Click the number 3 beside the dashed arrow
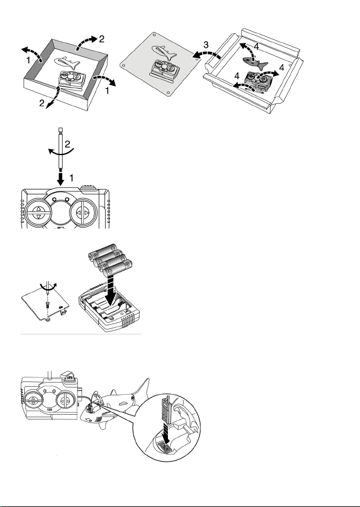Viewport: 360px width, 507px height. click(x=206, y=45)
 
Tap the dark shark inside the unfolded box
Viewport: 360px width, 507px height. click(x=254, y=62)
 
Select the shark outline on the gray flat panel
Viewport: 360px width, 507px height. click(x=164, y=53)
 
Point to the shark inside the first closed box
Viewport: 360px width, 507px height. click(x=67, y=63)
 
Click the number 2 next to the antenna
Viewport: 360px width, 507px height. click(x=67, y=144)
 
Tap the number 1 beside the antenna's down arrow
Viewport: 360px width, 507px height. click(x=71, y=178)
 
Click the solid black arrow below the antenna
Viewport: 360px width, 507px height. click(x=60, y=178)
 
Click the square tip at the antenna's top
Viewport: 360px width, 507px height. click(x=60, y=130)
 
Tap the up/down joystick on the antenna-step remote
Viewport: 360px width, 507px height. click(x=38, y=212)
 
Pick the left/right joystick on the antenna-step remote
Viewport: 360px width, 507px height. click(x=83, y=212)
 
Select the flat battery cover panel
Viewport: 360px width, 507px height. click(x=46, y=304)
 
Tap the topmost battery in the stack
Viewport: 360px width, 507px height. click(x=103, y=251)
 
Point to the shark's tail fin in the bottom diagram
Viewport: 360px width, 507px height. click(x=142, y=388)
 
